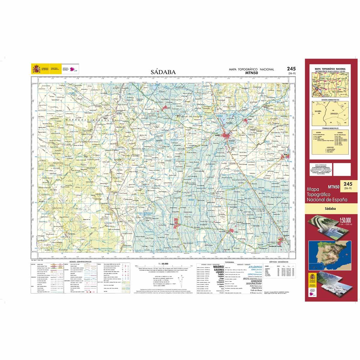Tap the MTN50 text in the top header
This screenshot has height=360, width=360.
(251, 73)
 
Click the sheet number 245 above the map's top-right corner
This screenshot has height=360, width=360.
(290, 69)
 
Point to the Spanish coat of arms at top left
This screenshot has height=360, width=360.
(36, 69)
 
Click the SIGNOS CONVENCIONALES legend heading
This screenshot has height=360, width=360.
(79, 262)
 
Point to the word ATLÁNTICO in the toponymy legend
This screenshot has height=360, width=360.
(255, 267)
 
